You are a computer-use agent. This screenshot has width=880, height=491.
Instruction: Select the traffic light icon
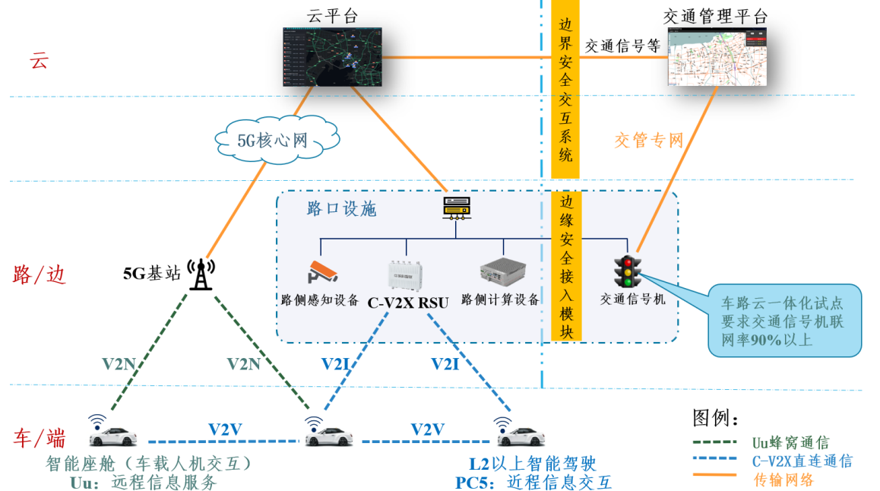tap(628, 271)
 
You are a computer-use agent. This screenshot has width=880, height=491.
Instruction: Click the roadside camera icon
tap(321, 272)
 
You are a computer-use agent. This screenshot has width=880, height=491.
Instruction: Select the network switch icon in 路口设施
tap(458, 207)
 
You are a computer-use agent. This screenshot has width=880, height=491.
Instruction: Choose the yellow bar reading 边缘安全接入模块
tap(565, 265)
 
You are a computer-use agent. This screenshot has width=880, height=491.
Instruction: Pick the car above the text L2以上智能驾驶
tap(522, 437)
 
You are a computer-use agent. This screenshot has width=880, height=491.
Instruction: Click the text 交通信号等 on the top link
tap(622, 46)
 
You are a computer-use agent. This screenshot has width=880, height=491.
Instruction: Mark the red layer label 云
tap(38, 62)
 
